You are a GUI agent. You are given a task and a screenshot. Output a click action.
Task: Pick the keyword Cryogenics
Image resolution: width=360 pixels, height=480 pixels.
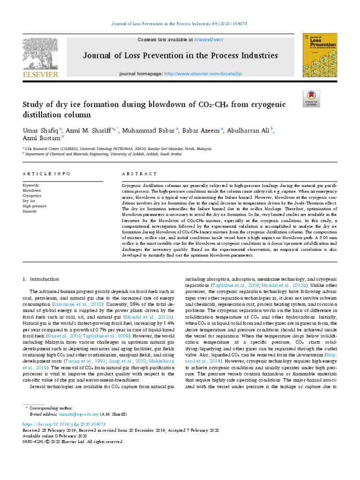pyautogui.click(x=32, y=195)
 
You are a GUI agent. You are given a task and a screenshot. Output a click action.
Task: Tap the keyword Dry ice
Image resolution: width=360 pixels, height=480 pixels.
pyautogui.click(x=29, y=200)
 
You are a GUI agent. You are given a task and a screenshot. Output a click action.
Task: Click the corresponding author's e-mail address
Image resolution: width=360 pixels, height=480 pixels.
pyautogui.click(x=79, y=414)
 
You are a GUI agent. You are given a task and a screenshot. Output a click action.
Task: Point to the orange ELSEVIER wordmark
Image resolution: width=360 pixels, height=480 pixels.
pyautogui.click(x=41, y=75)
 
